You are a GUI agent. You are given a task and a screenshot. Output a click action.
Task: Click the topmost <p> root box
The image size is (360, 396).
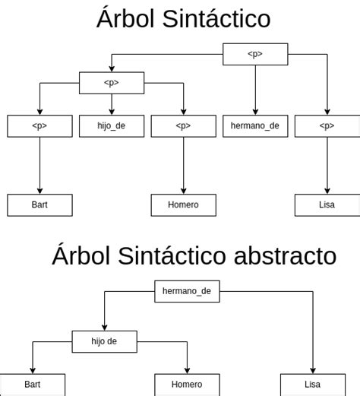255,54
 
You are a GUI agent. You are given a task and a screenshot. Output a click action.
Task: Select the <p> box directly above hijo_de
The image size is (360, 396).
112,83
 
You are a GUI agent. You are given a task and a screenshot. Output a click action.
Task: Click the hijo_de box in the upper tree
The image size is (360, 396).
112,126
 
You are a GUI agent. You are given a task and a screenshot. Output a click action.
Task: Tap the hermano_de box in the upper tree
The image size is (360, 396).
255,126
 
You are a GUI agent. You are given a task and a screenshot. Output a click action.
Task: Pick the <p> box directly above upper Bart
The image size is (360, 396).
39,126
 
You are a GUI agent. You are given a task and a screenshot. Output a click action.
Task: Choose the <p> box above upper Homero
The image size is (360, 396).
183,126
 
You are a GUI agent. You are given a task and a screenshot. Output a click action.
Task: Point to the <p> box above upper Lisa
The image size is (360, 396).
327,126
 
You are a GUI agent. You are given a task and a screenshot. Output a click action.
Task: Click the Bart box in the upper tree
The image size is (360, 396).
39,205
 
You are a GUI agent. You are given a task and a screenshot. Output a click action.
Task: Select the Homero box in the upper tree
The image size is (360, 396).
183,205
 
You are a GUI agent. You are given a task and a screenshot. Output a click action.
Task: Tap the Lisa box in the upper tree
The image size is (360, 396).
327,205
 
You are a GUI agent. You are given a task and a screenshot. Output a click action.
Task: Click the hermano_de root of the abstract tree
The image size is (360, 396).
186,291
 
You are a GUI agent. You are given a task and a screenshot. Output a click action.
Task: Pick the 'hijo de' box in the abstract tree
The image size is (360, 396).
105,341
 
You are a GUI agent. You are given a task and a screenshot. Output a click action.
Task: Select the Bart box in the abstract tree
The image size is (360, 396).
33,385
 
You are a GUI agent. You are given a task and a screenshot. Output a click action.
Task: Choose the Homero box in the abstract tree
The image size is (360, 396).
187,385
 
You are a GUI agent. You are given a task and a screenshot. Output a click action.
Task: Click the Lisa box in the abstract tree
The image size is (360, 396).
312,385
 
